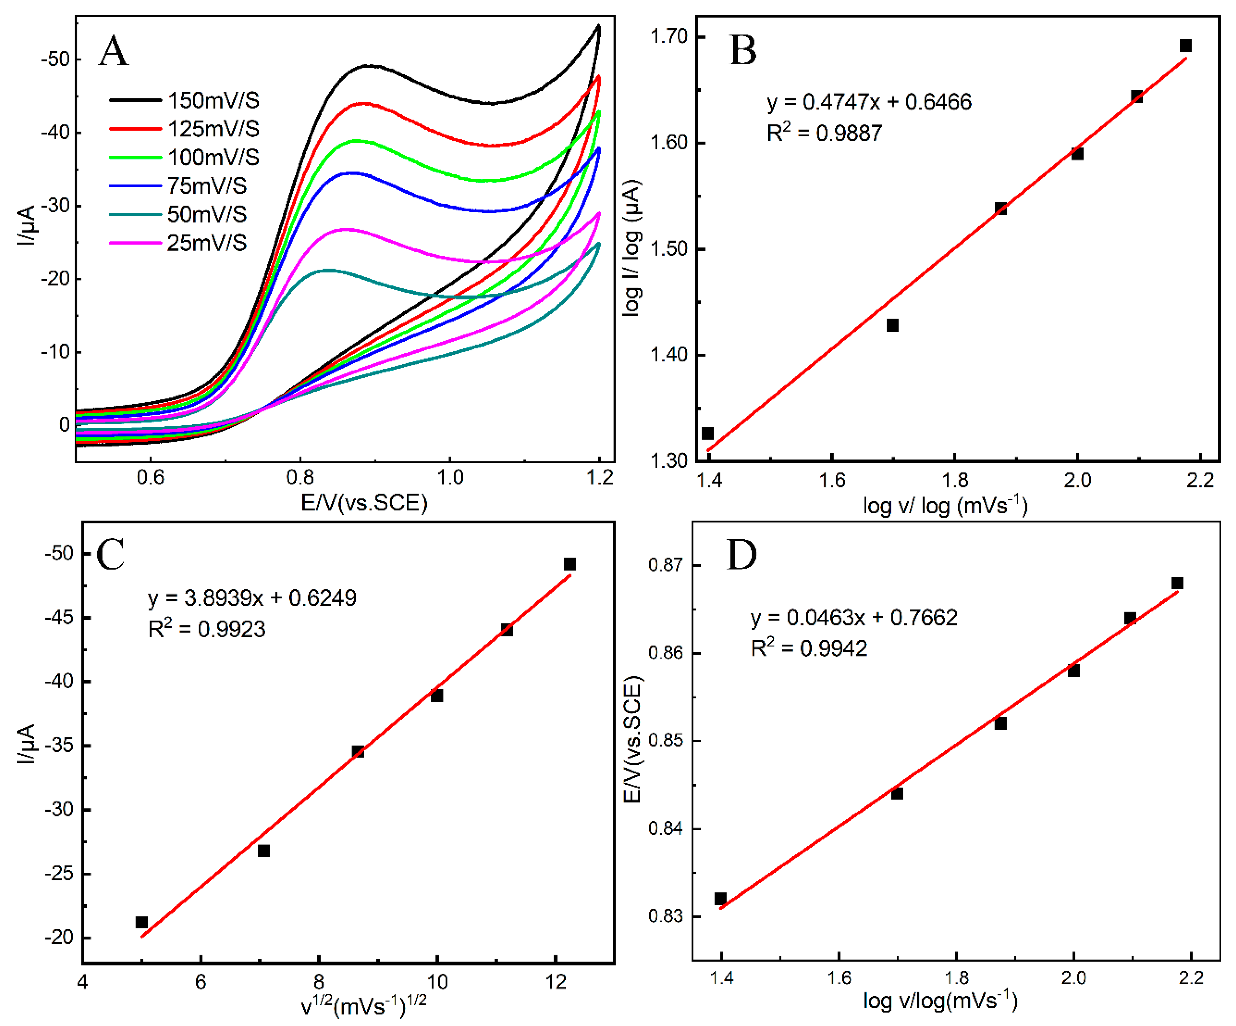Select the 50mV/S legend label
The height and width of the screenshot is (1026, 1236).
click(207, 214)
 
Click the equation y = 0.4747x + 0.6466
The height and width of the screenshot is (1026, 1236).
click(869, 102)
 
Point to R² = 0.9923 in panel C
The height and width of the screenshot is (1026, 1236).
click(207, 629)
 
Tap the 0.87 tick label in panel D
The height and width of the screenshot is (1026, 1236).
click(665, 565)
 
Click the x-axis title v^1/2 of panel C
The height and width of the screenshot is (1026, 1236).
click(364, 1005)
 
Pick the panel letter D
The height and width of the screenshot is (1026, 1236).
click(741, 555)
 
